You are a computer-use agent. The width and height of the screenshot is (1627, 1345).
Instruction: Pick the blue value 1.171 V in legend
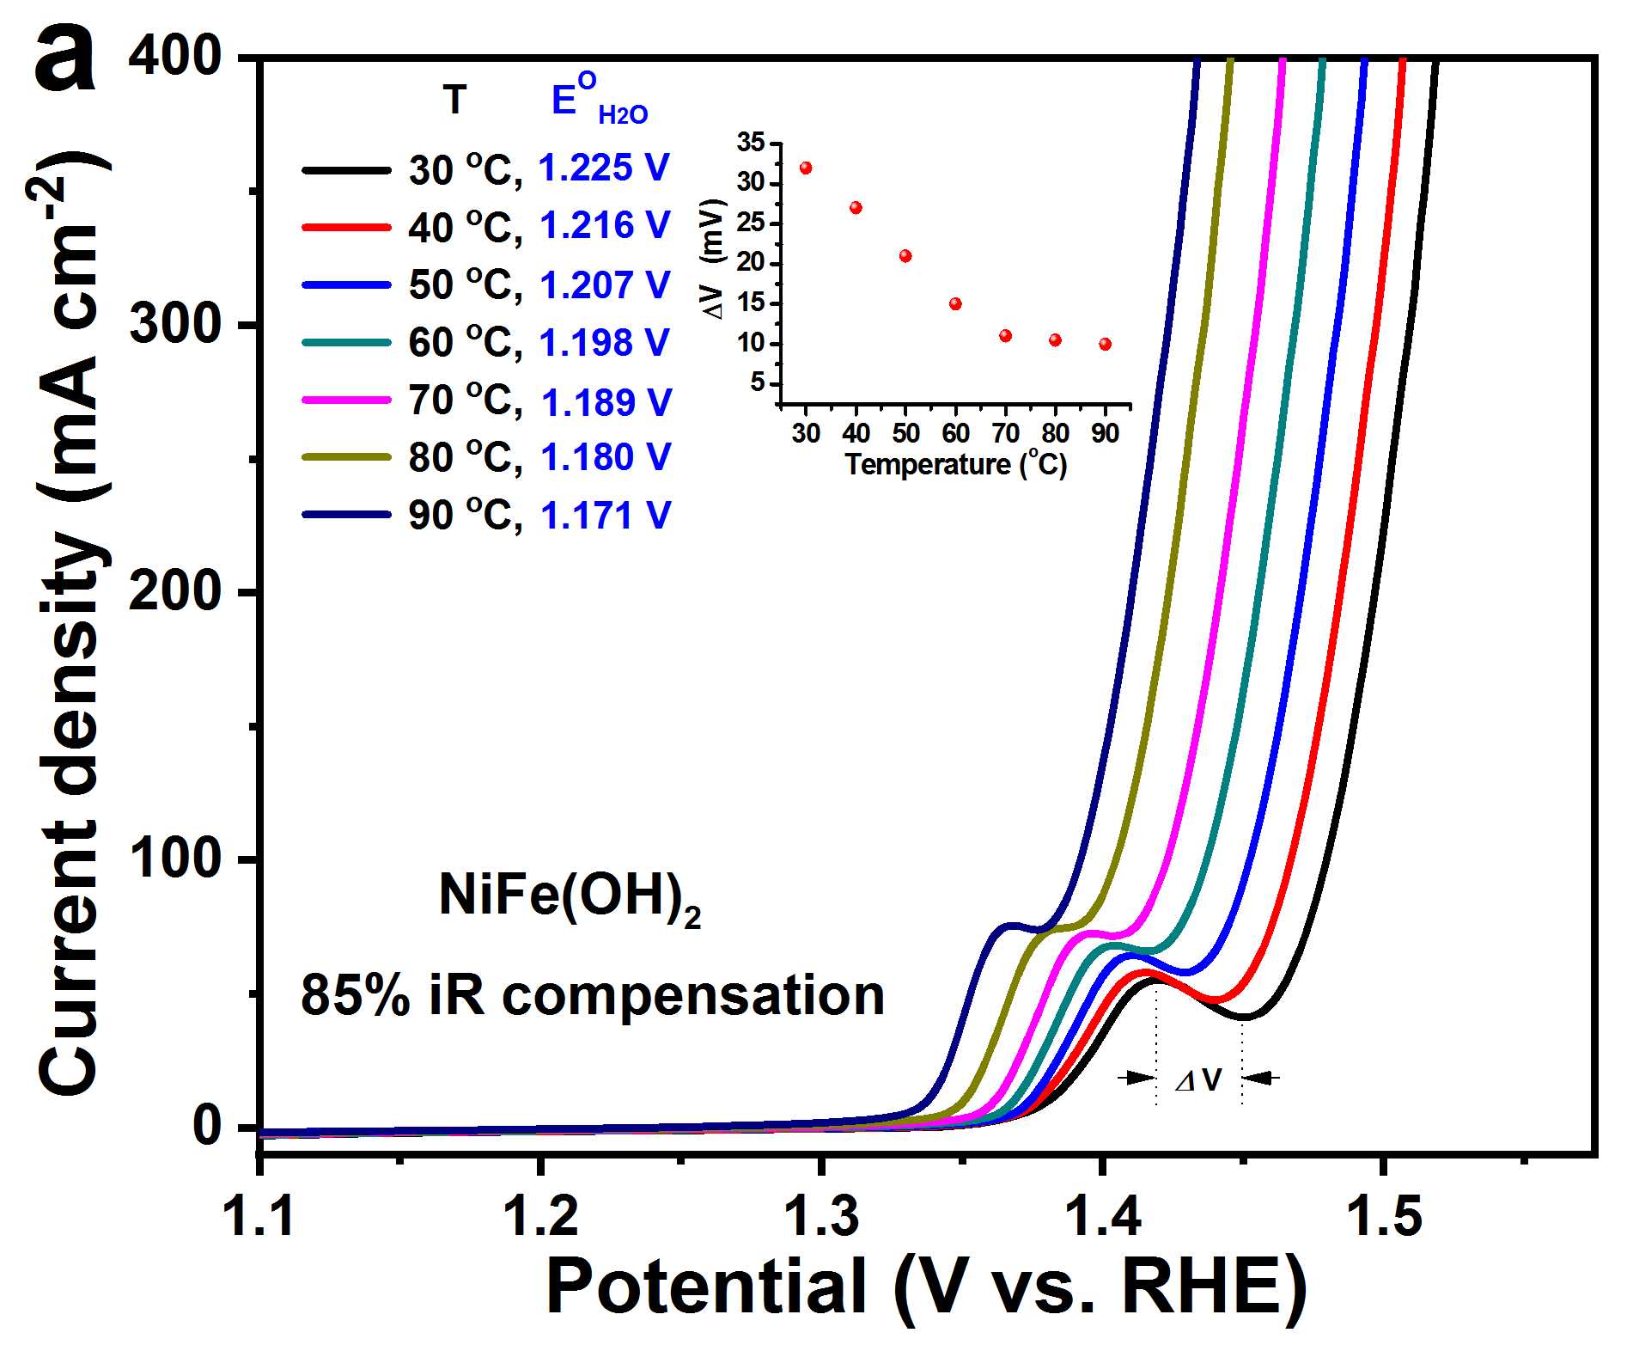click(x=605, y=516)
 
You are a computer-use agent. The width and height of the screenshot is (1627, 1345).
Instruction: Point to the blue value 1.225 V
click(x=603, y=168)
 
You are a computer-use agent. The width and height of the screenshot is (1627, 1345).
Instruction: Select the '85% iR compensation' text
click(x=593, y=996)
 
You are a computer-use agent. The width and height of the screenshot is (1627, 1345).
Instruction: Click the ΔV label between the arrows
click(x=1198, y=1080)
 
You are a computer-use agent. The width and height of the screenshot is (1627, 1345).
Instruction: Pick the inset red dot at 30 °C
click(x=806, y=168)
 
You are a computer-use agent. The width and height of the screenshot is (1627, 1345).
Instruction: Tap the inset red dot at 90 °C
click(x=1105, y=344)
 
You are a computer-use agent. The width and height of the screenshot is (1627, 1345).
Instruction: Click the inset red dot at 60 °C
click(x=955, y=303)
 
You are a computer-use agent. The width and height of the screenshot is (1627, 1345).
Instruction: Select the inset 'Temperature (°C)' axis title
click(x=956, y=465)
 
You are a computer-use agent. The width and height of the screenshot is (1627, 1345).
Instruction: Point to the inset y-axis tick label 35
click(x=750, y=143)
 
